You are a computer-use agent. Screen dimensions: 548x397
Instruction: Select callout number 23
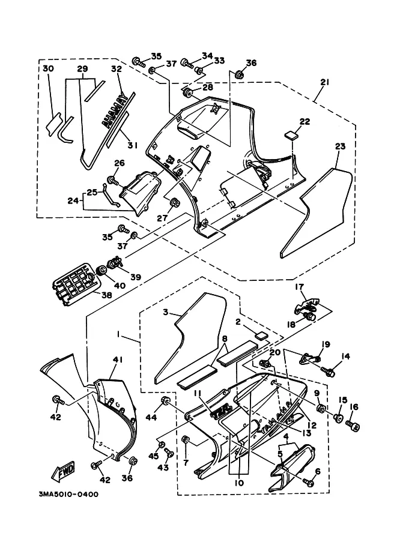pos(340,146)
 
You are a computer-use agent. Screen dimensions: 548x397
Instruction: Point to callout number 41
pos(117,360)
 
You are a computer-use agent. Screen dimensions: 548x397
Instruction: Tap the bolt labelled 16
pos(354,427)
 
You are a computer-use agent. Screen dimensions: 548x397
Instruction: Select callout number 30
pos(48,70)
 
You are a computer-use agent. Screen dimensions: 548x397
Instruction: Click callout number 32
pos(116,70)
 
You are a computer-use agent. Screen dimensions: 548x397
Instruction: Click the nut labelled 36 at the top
pos(239,75)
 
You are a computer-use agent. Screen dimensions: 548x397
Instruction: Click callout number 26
pos(120,163)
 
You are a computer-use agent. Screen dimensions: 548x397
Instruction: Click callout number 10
pos(238,482)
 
